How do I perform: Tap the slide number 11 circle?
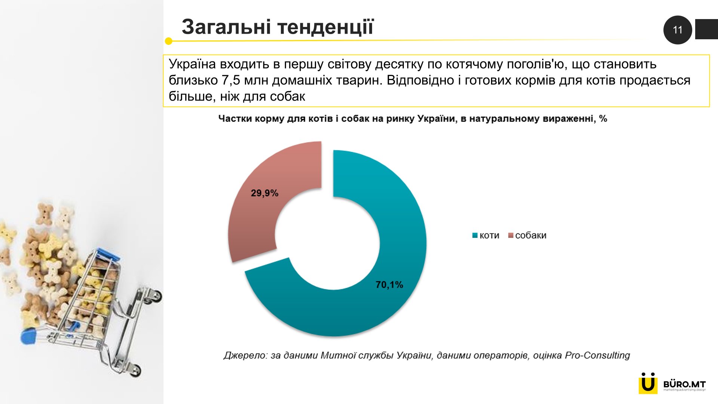pos(678,30)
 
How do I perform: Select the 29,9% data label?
pos(264,193)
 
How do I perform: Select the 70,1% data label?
pos(389,285)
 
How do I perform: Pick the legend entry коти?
pos(486,235)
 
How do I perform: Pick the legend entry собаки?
pos(527,235)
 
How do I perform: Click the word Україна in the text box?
pos(192,64)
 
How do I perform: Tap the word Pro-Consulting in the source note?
pos(597,355)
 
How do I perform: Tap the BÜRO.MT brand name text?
pos(684,384)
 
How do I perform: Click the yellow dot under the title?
pos(169,41)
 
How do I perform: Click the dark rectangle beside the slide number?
pos(706,29)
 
